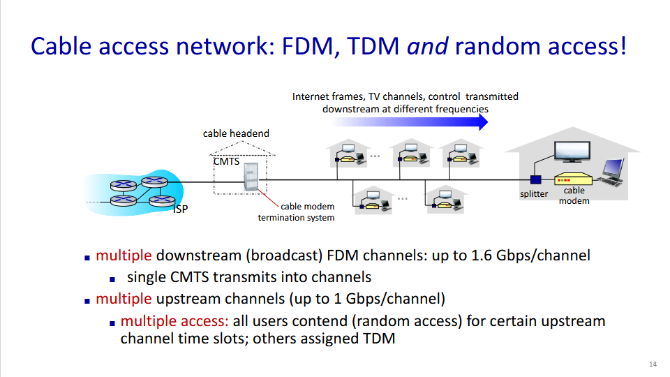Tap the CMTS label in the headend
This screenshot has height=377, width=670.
(x=226, y=161)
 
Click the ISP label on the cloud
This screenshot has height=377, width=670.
(x=180, y=209)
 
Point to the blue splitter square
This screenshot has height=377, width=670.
(x=535, y=181)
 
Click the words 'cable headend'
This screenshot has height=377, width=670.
(x=236, y=133)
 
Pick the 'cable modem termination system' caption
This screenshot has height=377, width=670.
(x=297, y=212)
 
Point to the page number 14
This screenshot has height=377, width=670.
(x=653, y=364)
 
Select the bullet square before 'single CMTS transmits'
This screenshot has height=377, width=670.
(x=113, y=278)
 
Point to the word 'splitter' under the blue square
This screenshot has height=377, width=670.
(x=534, y=194)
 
